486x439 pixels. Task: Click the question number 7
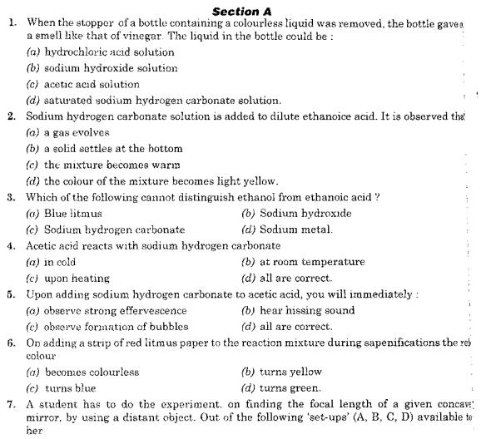(x=10, y=405)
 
